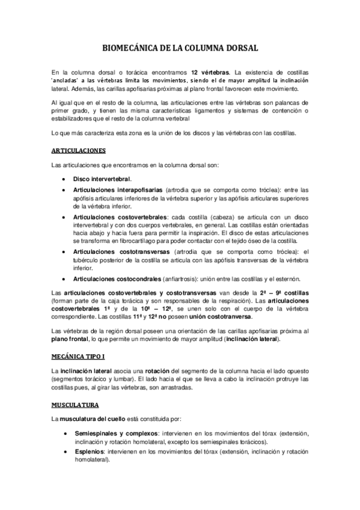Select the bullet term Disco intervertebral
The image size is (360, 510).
click(x=103, y=179)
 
